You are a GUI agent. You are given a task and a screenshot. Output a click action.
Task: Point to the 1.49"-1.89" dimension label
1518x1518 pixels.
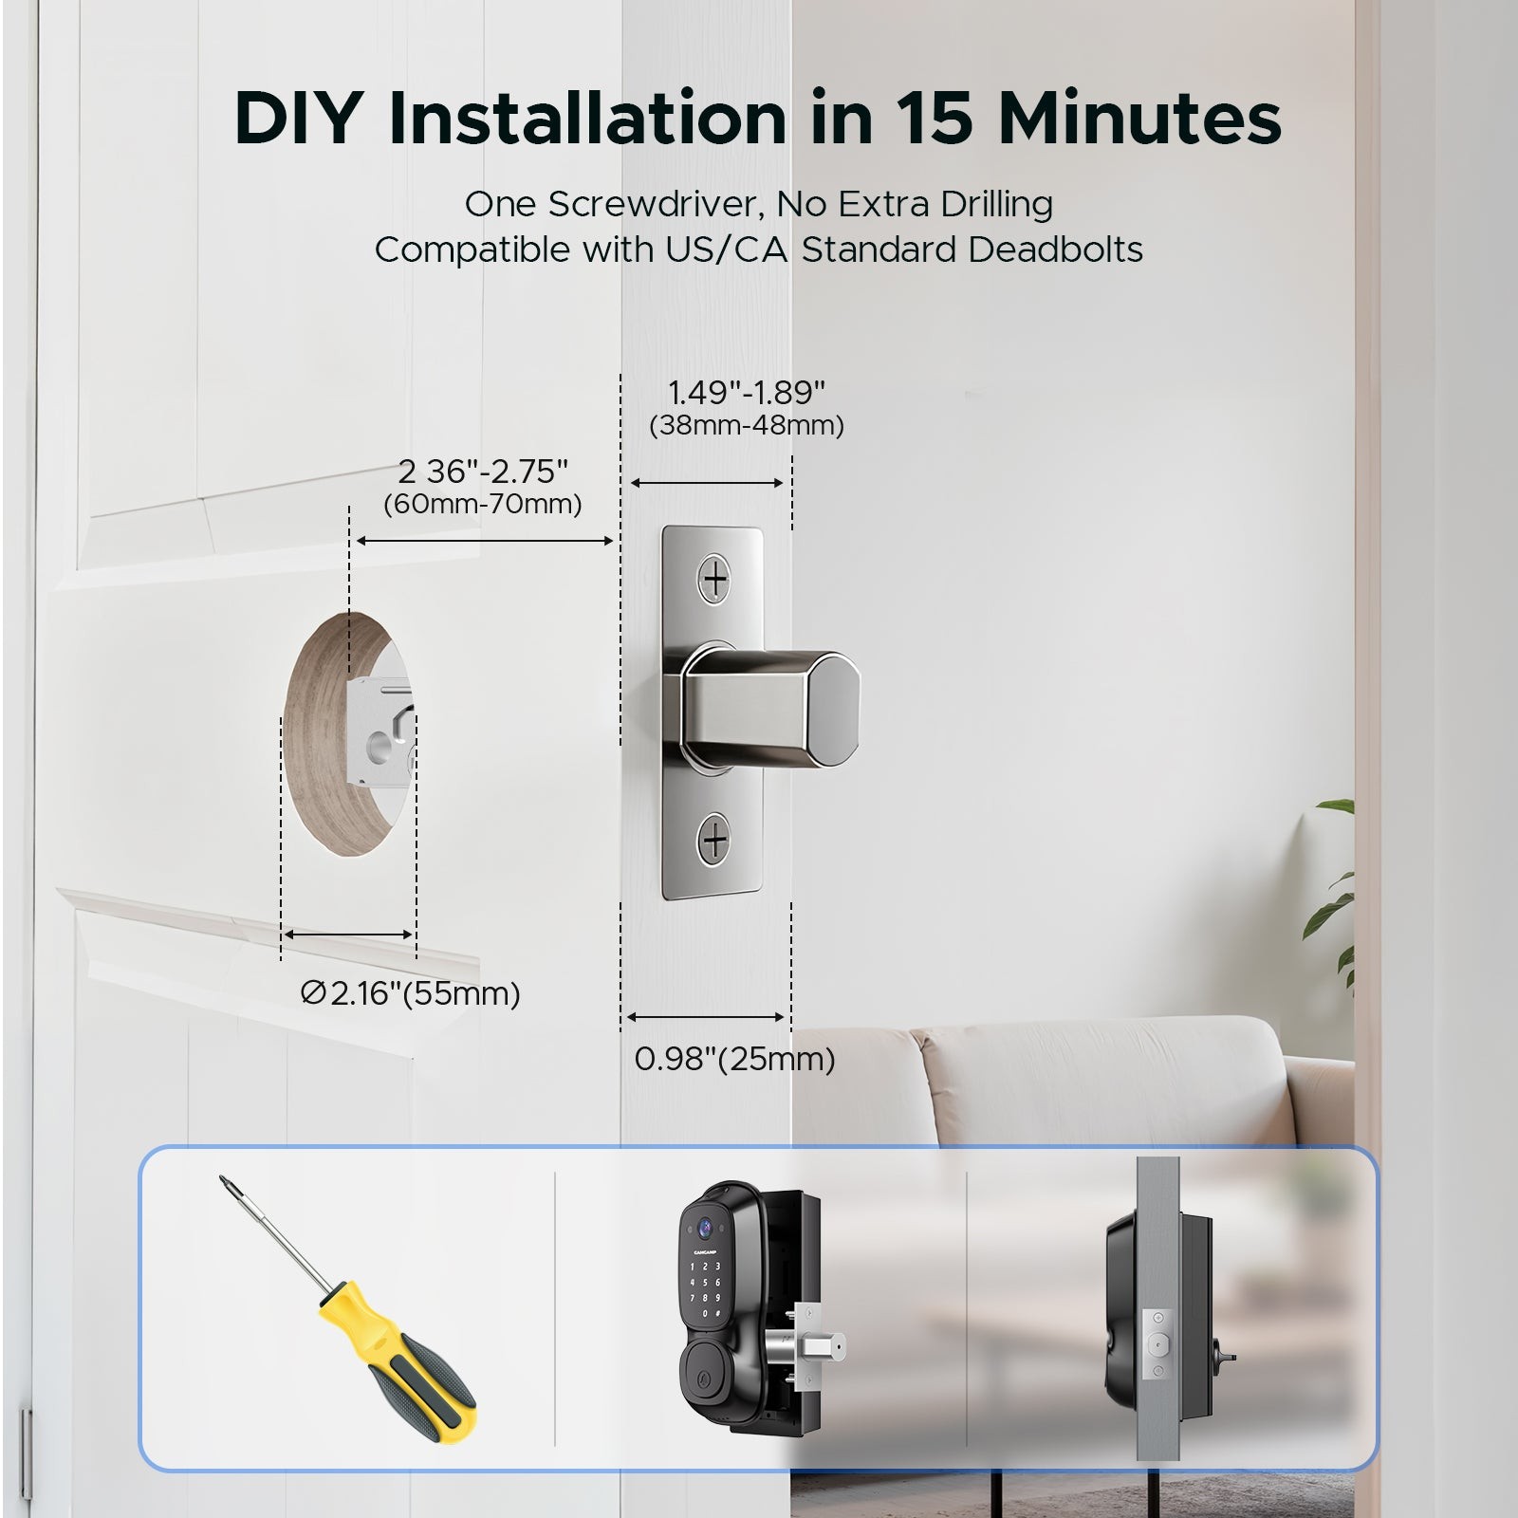click(x=746, y=393)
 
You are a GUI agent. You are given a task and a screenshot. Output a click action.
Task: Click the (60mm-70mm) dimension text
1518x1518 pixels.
click(x=482, y=504)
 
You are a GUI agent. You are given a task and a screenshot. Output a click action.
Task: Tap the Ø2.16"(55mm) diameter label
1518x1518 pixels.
click(x=410, y=993)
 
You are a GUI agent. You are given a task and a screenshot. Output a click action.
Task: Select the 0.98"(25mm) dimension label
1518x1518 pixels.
click(x=734, y=1059)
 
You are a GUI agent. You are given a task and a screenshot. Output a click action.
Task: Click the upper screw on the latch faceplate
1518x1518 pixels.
click(x=713, y=578)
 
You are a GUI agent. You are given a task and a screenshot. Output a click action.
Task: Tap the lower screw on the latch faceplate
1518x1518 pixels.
click(x=713, y=840)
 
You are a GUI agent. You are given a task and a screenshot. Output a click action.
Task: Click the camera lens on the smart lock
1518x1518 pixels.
click(x=705, y=1231)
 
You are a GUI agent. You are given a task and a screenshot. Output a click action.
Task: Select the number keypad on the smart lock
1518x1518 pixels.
click(x=705, y=1290)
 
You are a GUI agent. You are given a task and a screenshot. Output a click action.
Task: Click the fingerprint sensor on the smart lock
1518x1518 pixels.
click(x=705, y=1359)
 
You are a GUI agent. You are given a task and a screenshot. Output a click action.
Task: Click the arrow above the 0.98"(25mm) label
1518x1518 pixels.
click(x=706, y=1017)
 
